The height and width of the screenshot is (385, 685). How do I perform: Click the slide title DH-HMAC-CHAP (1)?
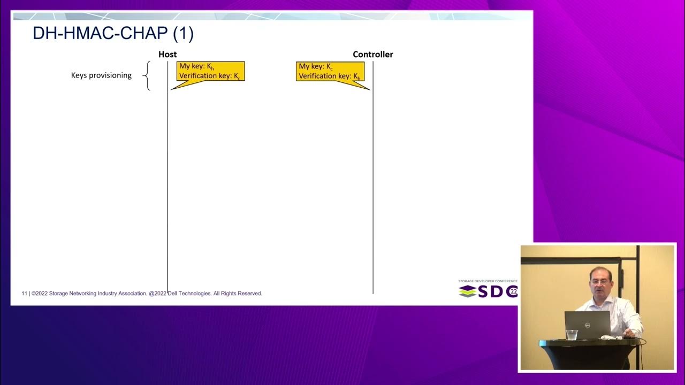coord(113,34)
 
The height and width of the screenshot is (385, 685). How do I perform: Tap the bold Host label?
coord(168,55)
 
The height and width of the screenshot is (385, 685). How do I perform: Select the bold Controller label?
coord(372,55)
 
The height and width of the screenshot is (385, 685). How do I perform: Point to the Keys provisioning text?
coord(101,75)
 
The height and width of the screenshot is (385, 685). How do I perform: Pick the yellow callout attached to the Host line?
coord(210,72)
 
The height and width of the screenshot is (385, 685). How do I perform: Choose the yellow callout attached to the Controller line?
coord(330,72)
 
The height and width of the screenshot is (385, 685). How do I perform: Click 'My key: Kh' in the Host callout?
coord(196,67)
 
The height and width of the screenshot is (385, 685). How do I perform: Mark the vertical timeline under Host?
coord(168,187)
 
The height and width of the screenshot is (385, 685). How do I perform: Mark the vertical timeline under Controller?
coord(373,187)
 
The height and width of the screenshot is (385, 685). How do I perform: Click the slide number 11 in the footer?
coord(24,294)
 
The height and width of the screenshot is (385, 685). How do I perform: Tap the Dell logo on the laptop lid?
coord(587,325)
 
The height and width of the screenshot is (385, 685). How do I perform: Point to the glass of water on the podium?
coord(572,335)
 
